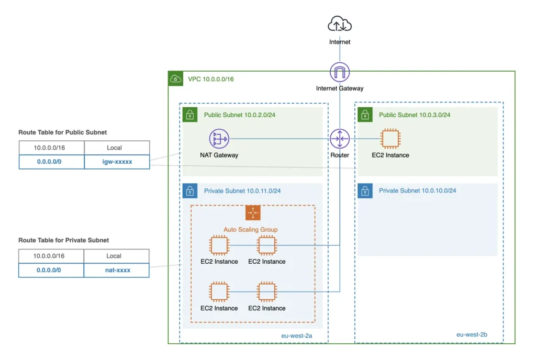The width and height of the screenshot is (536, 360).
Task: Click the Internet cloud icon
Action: pyautogui.click(x=340, y=25)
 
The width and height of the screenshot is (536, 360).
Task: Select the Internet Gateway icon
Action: pyautogui.click(x=340, y=72)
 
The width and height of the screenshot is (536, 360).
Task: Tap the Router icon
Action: pyautogui.click(x=340, y=139)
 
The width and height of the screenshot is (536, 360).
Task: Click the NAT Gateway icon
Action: pyautogui.click(x=219, y=139)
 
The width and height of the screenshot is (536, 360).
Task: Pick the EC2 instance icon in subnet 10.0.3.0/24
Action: pyautogui.click(x=390, y=139)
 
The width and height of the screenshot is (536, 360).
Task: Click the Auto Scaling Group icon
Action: pyautogui.click(x=253, y=213)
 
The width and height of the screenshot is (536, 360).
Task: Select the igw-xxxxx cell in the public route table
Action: pyautogui.click(x=117, y=162)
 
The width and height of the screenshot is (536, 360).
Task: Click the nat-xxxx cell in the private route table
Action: pyautogui.click(x=116, y=270)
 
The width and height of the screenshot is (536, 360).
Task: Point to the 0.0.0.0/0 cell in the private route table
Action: pyautogui.click(x=51, y=270)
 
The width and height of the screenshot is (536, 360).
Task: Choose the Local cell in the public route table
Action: pyautogui.click(x=117, y=148)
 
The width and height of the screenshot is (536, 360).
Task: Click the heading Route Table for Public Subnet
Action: pyautogui.click(x=63, y=132)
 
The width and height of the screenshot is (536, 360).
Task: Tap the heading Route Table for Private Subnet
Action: pyautogui.click(x=64, y=240)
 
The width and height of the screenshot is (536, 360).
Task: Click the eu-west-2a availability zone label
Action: pyautogui.click(x=296, y=335)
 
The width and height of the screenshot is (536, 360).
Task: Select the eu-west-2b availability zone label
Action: pyautogui.click(x=472, y=334)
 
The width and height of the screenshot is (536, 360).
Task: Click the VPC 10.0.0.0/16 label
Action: pyautogui.click(x=211, y=79)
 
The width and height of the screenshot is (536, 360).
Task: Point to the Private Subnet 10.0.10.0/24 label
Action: pyautogui.click(x=417, y=190)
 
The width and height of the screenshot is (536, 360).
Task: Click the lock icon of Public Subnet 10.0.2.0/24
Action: pyautogui.click(x=189, y=115)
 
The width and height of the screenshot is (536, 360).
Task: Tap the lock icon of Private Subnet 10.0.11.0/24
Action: pyautogui.click(x=189, y=191)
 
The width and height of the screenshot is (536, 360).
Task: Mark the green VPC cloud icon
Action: pyautogui.click(x=175, y=79)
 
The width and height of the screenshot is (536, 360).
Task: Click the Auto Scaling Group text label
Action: pyautogui.click(x=250, y=229)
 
